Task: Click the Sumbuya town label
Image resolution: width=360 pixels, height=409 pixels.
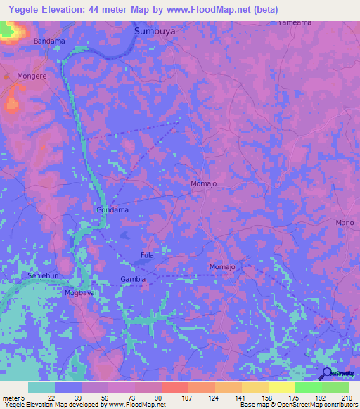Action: pyautogui.click(x=155, y=32)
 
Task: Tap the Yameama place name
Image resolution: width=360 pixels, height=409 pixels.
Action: pyautogui.click(x=295, y=22)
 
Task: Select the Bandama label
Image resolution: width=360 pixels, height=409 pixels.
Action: pyautogui.click(x=49, y=41)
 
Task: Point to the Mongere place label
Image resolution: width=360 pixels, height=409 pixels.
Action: pyautogui.click(x=32, y=74)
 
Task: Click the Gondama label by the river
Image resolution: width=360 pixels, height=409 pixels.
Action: pyautogui.click(x=112, y=210)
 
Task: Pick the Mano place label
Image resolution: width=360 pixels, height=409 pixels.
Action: pyautogui.click(x=345, y=223)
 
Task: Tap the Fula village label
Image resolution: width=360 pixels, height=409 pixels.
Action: pyautogui.click(x=147, y=255)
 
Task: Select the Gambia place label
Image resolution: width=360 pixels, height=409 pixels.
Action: pyautogui.click(x=133, y=279)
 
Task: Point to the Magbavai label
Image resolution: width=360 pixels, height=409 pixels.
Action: pyautogui.click(x=79, y=292)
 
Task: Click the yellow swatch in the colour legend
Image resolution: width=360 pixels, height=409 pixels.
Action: pyautogui.click(x=281, y=387)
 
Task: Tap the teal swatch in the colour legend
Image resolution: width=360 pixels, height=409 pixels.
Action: pyautogui.click(x=41, y=387)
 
